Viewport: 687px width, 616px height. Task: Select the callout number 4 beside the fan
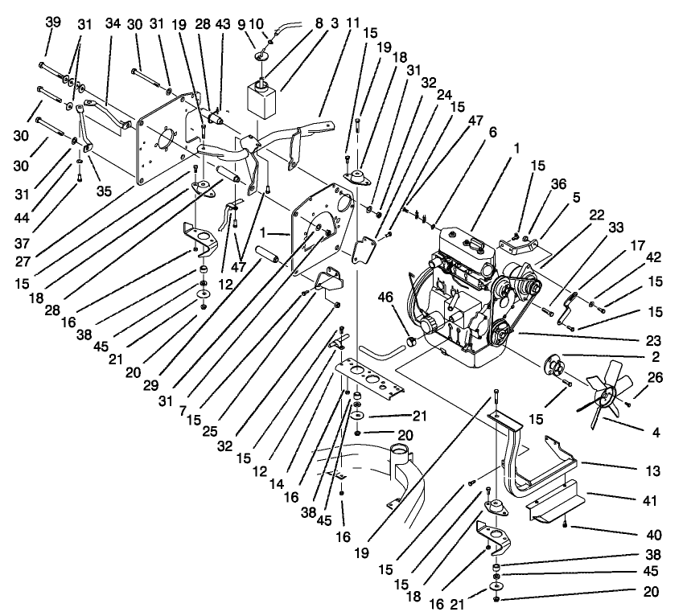656,432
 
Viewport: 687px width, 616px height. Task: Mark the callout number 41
649,500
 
